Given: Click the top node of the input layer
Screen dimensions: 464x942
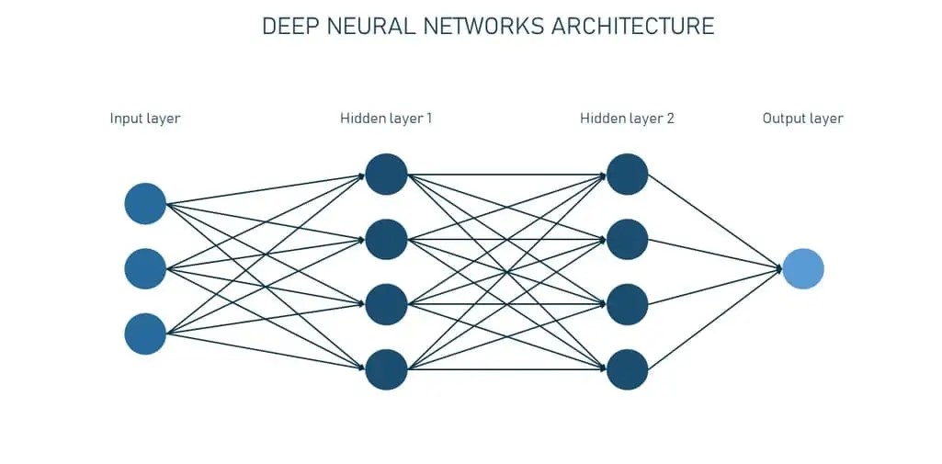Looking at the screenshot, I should [x=145, y=204].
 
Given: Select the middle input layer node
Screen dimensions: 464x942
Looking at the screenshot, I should [x=145, y=268].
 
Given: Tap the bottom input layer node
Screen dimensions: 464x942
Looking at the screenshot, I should [x=145, y=334].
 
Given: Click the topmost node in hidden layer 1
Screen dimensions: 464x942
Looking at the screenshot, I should [x=386, y=174].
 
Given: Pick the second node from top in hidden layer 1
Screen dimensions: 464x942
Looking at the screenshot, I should [x=386, y=239].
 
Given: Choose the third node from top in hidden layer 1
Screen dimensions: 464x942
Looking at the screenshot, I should [x=386, y=304].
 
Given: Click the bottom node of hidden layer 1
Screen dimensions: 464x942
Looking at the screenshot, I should [x=386, y=369].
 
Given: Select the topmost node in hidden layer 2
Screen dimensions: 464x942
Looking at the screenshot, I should [x=628, y=174].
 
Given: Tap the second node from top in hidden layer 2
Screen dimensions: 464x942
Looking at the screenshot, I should [x=628, y=239].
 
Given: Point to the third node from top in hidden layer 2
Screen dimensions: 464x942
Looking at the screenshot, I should [x=628, y=304].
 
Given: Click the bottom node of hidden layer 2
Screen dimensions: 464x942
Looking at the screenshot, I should [x=628, y=369].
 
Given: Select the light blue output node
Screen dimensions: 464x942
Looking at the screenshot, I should [x=803, y=268].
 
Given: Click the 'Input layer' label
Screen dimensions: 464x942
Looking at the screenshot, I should [x=145, y=119].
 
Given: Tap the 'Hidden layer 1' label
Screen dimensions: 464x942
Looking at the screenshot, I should [x=386, y=119].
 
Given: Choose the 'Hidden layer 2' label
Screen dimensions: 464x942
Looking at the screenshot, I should [x=627, y=119].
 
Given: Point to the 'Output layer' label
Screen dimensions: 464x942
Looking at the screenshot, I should [x=802, y=119].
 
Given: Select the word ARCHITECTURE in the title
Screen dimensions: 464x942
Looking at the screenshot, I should [x=633, y=26].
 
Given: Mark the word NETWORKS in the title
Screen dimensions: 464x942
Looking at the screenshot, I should [x=484, y=26].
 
